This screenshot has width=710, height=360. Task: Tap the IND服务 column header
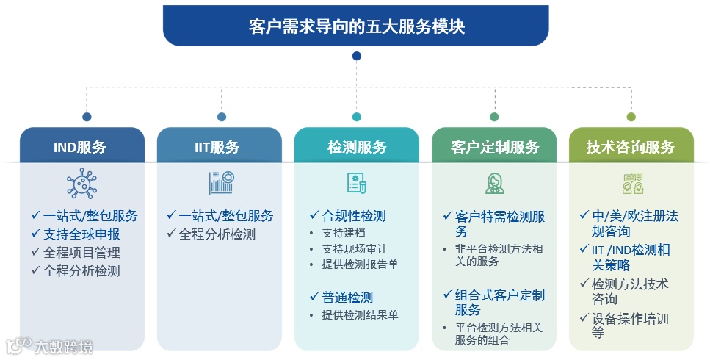click(81, 146)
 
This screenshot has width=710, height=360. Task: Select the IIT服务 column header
click(219, 146)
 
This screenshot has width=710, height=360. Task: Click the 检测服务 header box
click(356, 146)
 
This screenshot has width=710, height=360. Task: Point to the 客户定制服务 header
click(493, 146)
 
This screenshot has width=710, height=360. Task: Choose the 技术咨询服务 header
click(631, 146)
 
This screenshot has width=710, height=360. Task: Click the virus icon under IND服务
click(81, 183)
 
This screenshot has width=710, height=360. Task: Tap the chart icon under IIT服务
click(220, 182)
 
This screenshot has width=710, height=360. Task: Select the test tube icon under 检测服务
click(357, 183)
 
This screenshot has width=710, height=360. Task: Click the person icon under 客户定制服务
click(494, 183)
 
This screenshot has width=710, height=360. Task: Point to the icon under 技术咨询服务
click(631, 183)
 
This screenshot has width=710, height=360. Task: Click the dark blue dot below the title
click(356, 56)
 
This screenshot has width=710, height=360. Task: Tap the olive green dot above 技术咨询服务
click(631, 116)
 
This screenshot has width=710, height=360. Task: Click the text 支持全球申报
click(81, 234)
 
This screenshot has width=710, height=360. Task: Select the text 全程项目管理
click(81, 252)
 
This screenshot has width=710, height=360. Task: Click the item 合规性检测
click(353, 215)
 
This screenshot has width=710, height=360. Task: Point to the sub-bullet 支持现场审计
click(354, 248)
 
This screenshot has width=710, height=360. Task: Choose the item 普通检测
click(347, 297)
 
